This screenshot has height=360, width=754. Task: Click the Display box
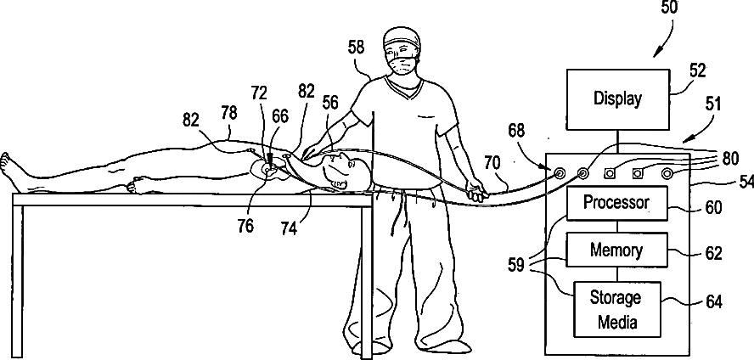click(617, 98)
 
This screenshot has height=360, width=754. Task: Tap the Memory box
click(616, 250)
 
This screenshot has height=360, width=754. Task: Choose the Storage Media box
click(616, 309)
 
